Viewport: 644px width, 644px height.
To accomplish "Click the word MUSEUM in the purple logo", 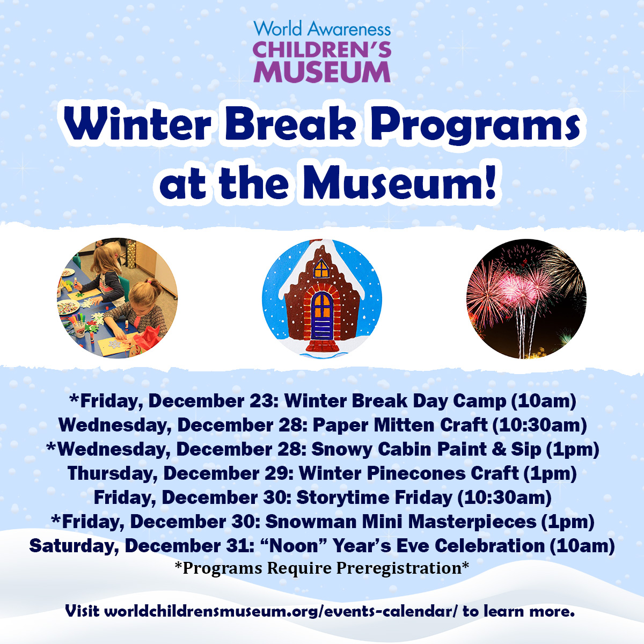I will (322, 71).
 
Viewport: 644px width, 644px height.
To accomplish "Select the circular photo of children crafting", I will (118, 298).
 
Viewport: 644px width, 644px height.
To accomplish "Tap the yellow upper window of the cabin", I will (321, 268).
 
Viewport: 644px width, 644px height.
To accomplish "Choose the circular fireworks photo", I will (526, 298).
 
